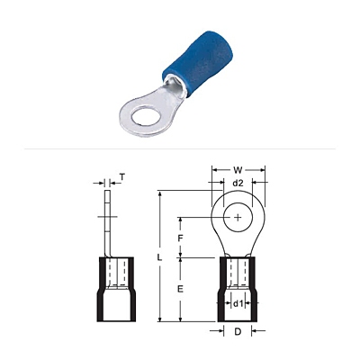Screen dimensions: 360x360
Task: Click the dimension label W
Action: [x=238, y=170]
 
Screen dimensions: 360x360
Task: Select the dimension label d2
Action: [x=238, y=183]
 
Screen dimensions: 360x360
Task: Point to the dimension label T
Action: [x=121, y=177]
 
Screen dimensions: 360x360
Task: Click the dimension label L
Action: [x=159, y=257]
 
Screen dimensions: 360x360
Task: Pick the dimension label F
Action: [x=180, y=238]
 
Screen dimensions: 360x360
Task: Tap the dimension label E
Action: [x=180, y=289]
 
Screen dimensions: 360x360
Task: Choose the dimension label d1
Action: [x=238, y=304]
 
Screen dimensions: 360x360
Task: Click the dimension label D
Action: [x=238, y=331]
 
